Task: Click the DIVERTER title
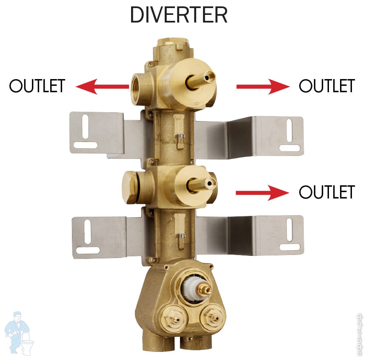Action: (179, 15)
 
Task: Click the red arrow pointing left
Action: (102, 87)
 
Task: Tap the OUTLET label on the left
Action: (37, 86)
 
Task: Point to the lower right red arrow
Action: (263, 193)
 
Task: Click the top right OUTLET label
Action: (326, 86)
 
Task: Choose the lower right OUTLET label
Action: (326, 192)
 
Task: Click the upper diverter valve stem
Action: (202, 79)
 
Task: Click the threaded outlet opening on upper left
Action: (138, 88)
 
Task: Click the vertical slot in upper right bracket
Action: (289, 130)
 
